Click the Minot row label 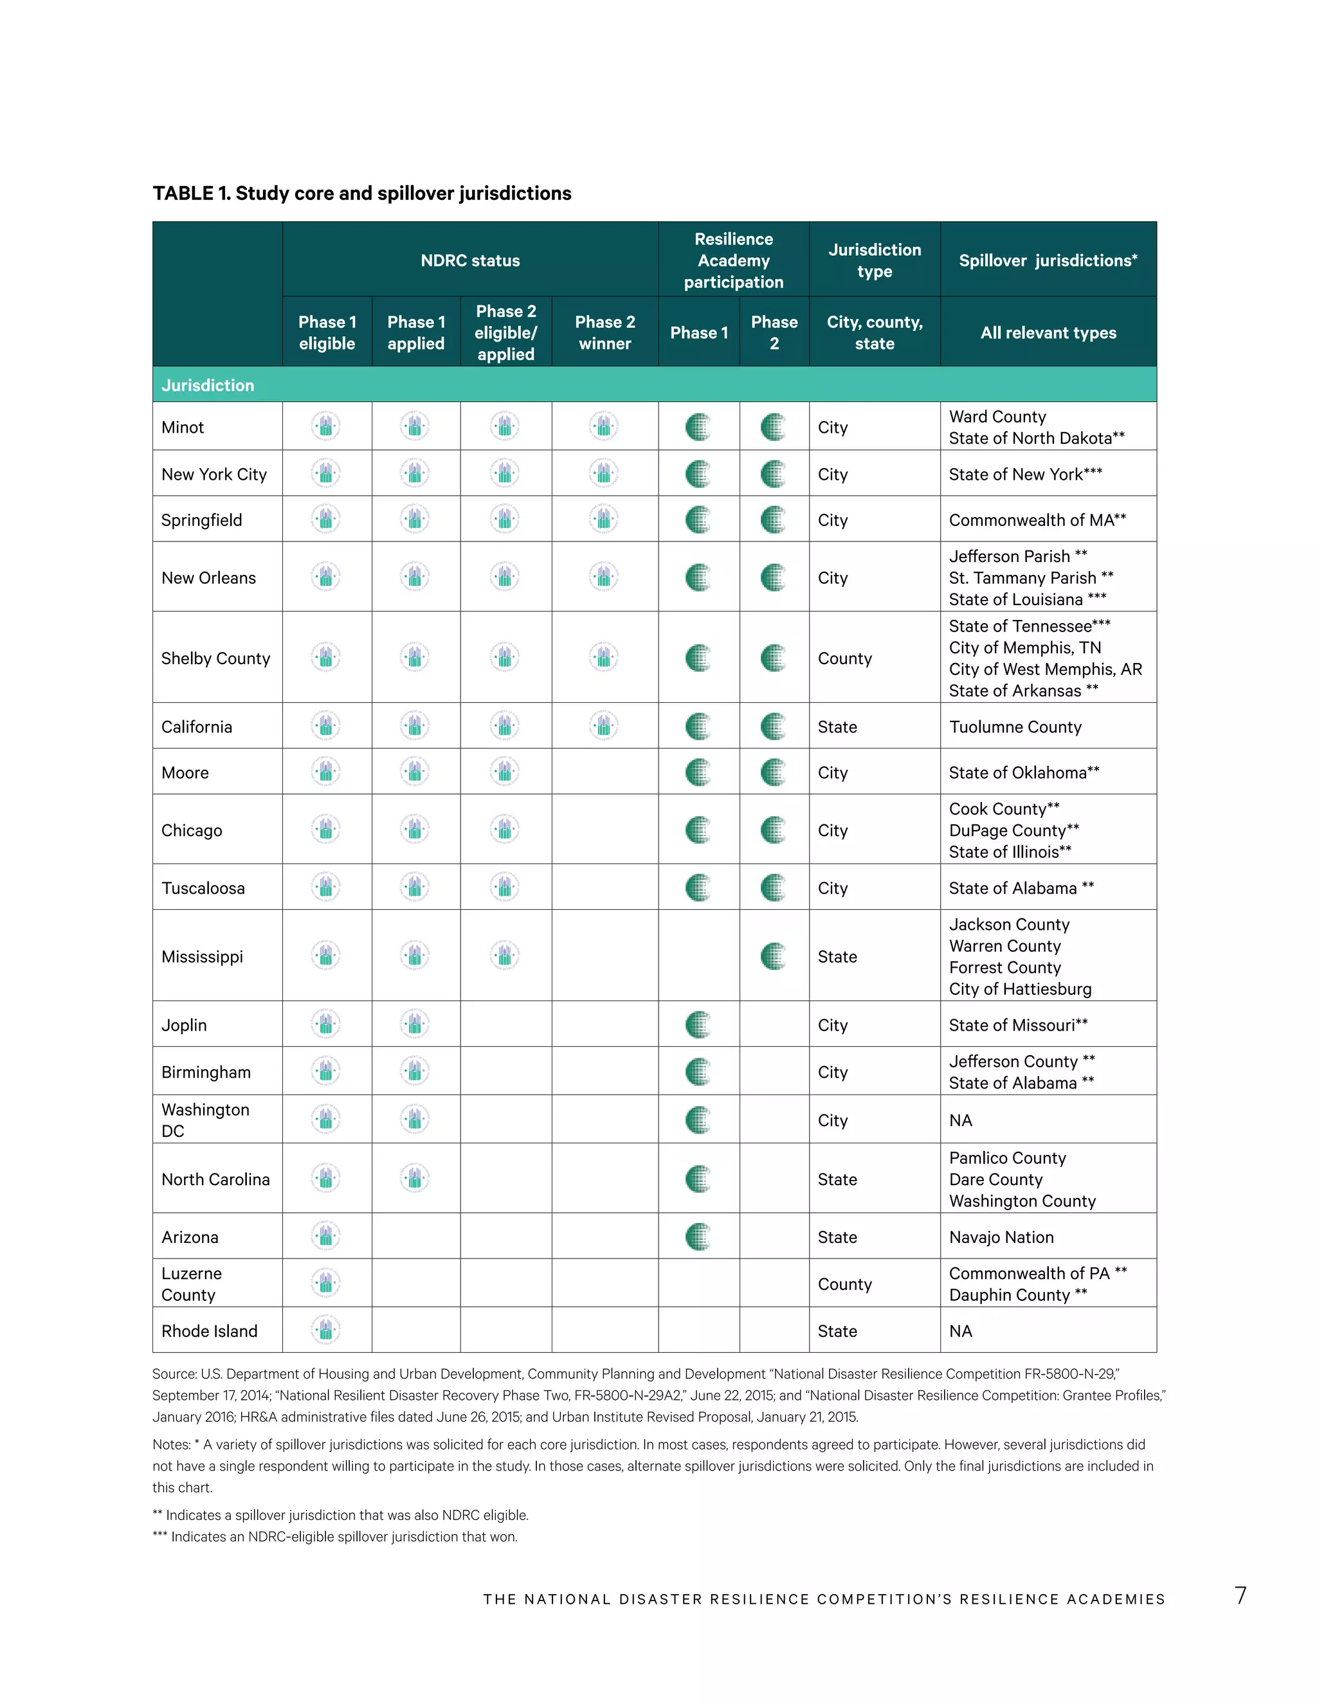click(x=183, y=428)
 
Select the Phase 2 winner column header click(x=604, y=332)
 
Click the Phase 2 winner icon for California click(x=604, y=725)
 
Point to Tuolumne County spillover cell click(x=1015, y=727)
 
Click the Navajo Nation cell click(x=1001, y=1237)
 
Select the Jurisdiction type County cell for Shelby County click(x=844, y=658)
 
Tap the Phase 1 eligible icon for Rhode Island click(x=326, y=1330)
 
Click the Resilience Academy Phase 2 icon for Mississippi click(x=773, y=957)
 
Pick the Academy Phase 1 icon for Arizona click(x=698, y=1237)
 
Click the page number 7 click(x=1240, y=1595)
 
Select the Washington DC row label click(x=204, y=1119)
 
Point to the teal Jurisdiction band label click(x=208, y=385)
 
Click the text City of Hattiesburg click(x=1020, y=990)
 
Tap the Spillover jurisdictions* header click(x=1048, y=260)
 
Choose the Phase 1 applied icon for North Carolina click(x=414, y=1178)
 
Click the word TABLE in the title click(x=183, y=194)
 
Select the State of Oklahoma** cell click(x=1024, y=772)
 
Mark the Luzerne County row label click(x=191, y=1284)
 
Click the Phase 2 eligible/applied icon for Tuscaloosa click(x=505, y=887)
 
